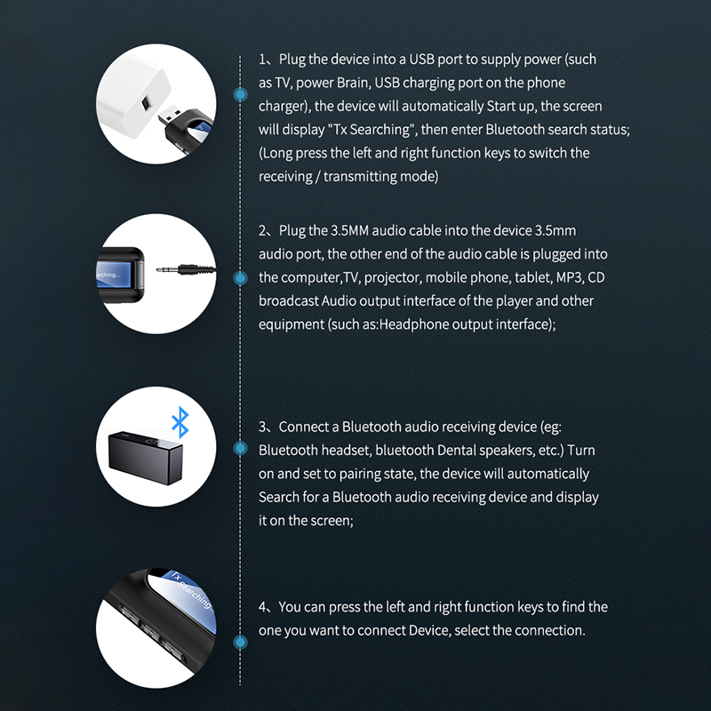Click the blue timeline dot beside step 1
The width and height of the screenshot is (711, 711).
pos(240,94)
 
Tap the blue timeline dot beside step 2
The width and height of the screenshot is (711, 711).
pos(240,277)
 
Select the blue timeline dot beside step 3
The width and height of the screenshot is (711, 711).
pos(240,449)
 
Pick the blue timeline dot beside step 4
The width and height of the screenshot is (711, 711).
pos(240,642)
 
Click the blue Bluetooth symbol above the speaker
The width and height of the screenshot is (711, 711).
pos(180,421)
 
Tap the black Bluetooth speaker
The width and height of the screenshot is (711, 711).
pos(145,457)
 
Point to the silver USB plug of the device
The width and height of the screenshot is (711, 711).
pos(170,116)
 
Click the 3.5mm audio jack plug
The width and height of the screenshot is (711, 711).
pos(186,270)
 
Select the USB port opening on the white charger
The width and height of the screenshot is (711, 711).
pos(145,103)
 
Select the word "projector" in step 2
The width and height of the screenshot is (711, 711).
pos(390,278)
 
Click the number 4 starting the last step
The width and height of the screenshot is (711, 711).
pos(263,607)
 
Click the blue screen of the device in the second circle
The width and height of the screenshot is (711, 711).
pos(114,275)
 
